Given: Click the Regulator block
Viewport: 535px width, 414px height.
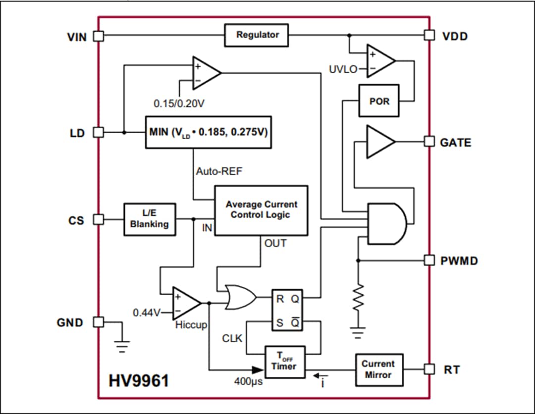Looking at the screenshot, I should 256,35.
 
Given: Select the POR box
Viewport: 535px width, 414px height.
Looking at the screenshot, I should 379,101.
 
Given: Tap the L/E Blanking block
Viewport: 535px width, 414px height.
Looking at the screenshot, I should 149,219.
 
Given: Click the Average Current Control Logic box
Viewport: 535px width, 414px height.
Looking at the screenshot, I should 261,210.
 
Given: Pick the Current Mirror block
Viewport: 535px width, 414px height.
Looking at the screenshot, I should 379,369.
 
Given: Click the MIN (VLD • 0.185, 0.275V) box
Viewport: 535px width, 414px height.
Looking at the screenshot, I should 208,133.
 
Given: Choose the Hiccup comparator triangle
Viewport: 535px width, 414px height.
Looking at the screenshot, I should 185,303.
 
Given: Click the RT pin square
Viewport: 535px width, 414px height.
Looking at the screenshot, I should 429,369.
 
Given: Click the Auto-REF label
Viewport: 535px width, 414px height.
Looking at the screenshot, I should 219,171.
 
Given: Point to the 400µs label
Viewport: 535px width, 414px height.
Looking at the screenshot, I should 248,382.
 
